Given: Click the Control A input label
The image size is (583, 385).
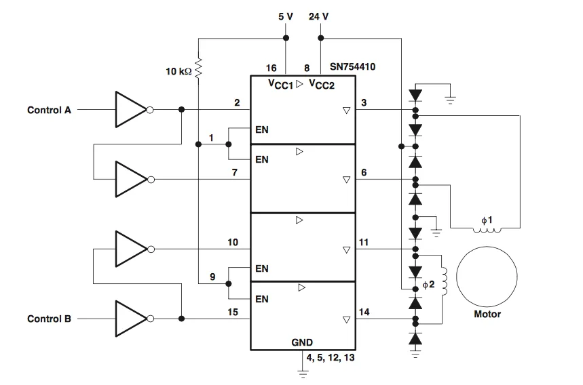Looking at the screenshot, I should pyautogui.click(x=49, y=110).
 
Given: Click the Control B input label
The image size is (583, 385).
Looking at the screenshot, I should pyautogui.click(x=49, y=319).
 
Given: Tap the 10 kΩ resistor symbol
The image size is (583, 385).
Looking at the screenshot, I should pyautogui.click(x=199, y=68).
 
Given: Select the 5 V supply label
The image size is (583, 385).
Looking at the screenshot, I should pyautogui.click(x=286, y=16).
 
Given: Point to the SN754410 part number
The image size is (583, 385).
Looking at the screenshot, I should pyautogui.click(x=353, y=68).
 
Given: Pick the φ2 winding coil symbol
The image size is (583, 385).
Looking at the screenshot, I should pyautogui.click(x=445, y=278).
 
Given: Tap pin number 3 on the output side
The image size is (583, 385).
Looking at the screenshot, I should pyautogui.click(x=364, y=102).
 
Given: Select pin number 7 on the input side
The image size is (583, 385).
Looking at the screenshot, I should pyautogui.click(x=234, y=172).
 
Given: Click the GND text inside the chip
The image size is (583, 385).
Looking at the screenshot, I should pyautogui.click(x=302, y=342).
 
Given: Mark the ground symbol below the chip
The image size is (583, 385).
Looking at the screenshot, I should pyautogui.click(x=303, y=372).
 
